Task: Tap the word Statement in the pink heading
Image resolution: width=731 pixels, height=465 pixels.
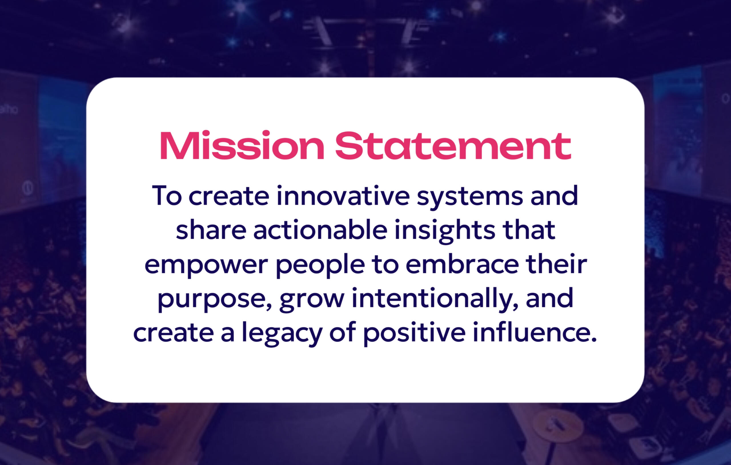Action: point(453,146)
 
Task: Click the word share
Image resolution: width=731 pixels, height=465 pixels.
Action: point(211,230)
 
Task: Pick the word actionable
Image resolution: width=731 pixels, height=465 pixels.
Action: point(320,230)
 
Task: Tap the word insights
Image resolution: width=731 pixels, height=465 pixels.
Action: point(445,231)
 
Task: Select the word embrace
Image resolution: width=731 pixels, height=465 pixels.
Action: point(462,264)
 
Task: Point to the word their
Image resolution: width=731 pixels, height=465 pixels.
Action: point(556,264)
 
